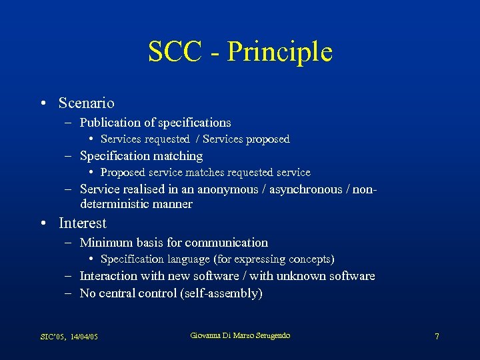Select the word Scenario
[86, 103]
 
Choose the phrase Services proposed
[246, 139]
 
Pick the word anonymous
[227, 190]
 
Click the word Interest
[83, 223]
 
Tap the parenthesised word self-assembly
[223, 293]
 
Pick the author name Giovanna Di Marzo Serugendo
[240, 335]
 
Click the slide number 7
[437, 337]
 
